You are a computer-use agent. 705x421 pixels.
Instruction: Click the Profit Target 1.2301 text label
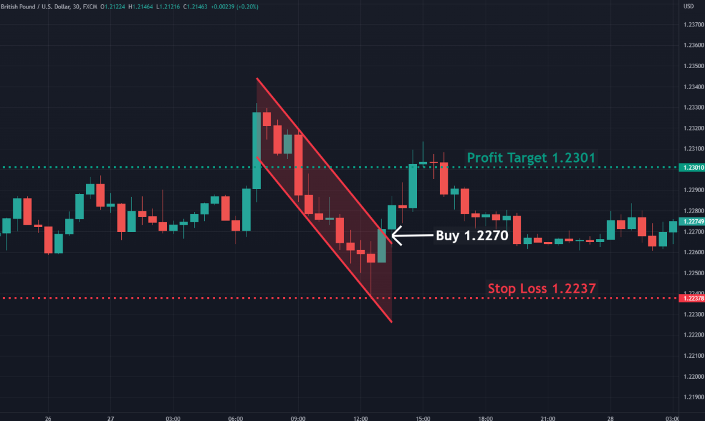point(531,158)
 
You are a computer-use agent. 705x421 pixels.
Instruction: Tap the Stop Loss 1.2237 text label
point(542,288)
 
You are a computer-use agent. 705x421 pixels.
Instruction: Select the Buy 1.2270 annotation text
point(472,235)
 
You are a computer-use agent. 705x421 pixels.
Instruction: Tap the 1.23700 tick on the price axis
point(694,25)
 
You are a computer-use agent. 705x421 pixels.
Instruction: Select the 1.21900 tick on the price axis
point(694,397)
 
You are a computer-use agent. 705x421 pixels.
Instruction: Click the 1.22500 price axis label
point(694,273)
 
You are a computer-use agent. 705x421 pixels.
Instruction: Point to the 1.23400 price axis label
point(694,87)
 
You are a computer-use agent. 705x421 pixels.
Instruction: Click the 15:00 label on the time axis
point(423,417)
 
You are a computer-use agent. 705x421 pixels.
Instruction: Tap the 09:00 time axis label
point(298,417)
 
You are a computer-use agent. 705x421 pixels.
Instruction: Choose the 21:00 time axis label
point(548,417)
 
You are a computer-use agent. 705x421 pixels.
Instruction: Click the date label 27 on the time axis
point(110,417)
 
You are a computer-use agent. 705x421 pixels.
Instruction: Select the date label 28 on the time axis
point(610,417)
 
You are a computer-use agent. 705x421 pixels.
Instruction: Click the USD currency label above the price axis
point(689,6)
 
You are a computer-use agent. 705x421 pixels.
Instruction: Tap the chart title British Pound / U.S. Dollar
point(36,6)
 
